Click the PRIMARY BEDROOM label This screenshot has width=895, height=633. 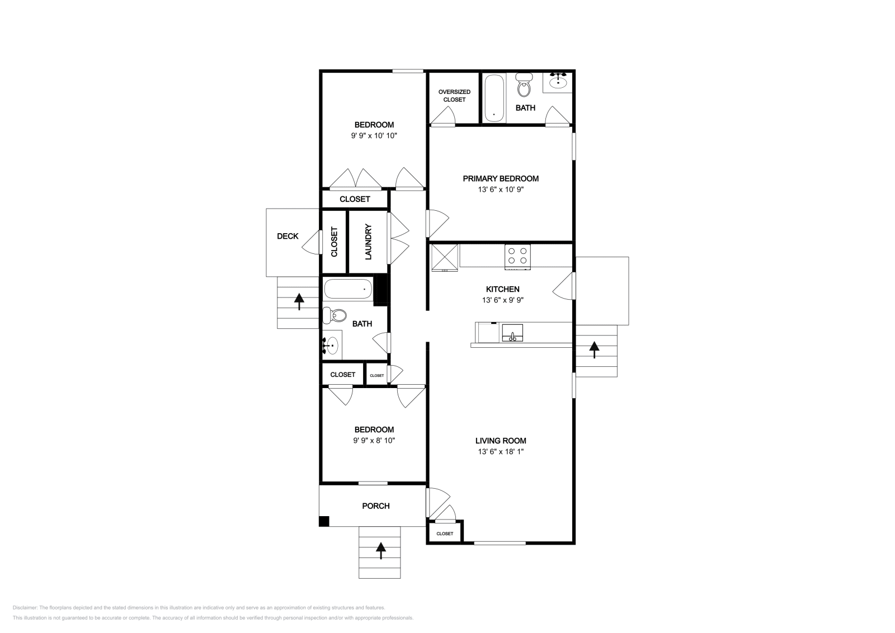(501, 178)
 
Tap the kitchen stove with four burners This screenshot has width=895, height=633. (517, 257)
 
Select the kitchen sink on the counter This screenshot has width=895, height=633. (512, 333)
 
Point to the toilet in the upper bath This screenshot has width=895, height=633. (524, 84)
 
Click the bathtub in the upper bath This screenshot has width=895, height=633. (494, 98)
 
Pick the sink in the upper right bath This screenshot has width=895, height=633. (558, 82)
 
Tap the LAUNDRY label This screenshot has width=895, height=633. (369, 242)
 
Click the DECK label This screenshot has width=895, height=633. (288, 236)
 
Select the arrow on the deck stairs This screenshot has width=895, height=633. (299, 301)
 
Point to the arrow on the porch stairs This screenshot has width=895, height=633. (381, 550)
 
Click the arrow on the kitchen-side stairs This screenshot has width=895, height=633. (594, 349)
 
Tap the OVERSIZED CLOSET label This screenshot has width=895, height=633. (454, 96)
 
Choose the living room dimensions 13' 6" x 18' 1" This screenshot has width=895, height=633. (501, 452)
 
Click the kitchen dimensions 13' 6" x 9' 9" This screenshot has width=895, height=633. (503, 300)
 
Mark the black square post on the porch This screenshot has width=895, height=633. (324, 521)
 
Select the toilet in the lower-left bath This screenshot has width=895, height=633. (335, 315)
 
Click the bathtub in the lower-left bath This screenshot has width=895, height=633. (348, 289)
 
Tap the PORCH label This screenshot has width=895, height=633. (375, 506)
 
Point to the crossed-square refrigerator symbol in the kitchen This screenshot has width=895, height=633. (445, 258)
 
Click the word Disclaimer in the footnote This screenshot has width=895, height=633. (25, 607)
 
